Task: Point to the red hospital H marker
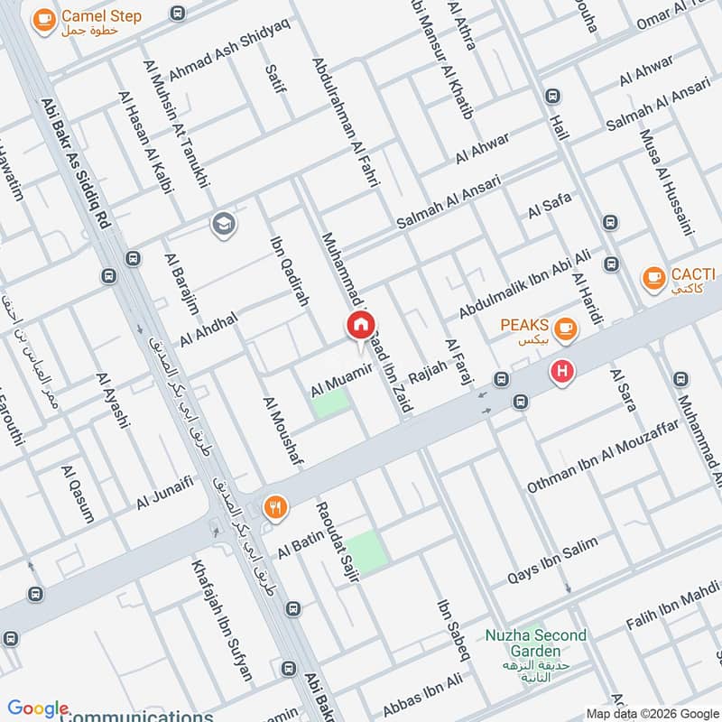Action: [x=563, y=371]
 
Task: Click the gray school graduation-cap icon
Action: [x=223, y=224]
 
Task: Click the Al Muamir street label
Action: [x=342, y=379]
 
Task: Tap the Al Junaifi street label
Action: [x=165, y=492]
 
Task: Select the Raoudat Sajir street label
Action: [x=336, y=538]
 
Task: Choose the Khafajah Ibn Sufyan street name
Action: [x=221, y=620]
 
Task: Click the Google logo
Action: [x=38, y=708]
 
